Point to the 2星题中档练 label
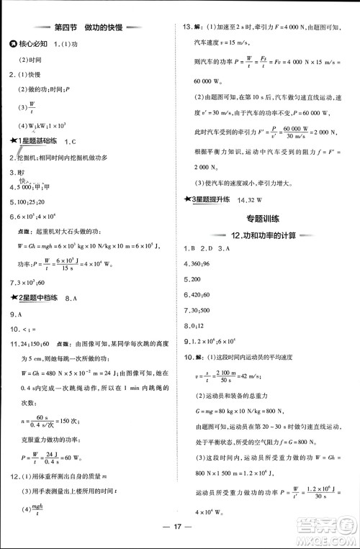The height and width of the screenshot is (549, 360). pos(39,296)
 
